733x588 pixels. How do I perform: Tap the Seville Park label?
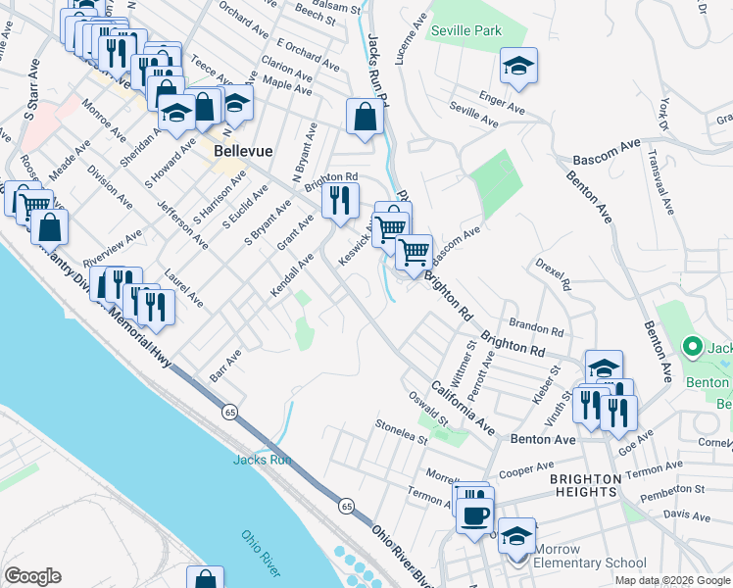click(x=466, y=31)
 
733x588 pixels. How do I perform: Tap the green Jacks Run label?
click(x=262, y=460)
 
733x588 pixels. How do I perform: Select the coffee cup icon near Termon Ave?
click(x=476, y=514)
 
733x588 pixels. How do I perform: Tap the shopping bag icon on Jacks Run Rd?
click(x=365, y=118)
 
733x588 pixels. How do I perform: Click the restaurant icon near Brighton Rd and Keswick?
click(x=340, y=201)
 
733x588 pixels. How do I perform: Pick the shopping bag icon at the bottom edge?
click(x=205, y=579)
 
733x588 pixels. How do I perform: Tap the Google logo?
click(x=32, y=576)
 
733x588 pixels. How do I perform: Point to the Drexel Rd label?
click(x=554, y=275)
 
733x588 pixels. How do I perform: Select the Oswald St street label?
click(x=429, y=407)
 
